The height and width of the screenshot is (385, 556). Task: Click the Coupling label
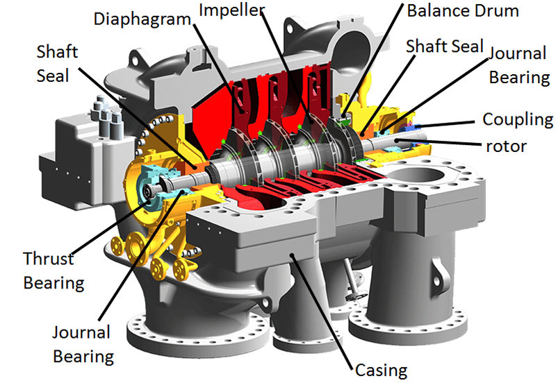click(518, 119)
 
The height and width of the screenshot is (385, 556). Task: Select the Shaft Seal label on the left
click(53, 64)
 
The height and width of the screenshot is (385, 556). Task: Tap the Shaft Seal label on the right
click(444, 46)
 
